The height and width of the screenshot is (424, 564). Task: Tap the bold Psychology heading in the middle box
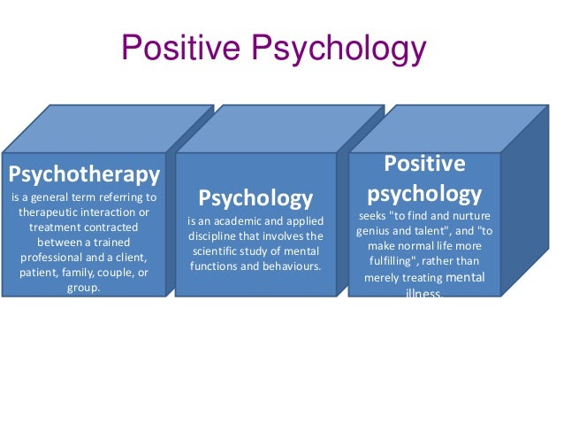click(255, 197)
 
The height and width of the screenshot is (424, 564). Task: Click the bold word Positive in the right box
click(423, 164)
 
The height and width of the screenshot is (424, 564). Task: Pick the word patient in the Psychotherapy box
click(38, 272)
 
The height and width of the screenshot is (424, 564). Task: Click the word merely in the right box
click(385, 278)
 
